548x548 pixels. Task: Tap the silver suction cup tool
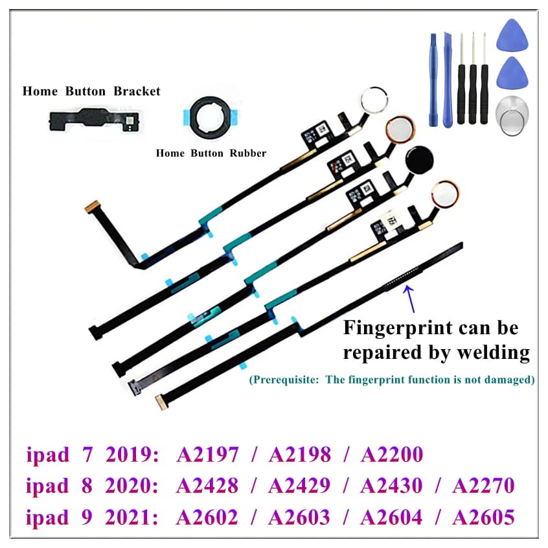[513, 113]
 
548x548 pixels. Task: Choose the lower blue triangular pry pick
[514, 74]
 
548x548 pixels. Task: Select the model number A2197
[207, 454]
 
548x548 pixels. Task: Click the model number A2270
[483, 486]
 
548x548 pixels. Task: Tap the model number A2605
[483, 518]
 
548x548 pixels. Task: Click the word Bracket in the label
[137, 91]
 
